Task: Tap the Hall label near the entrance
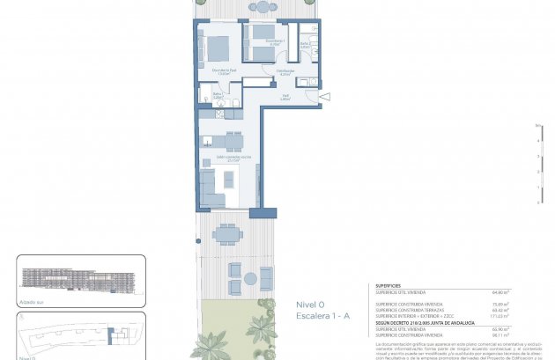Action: [x=285, y=98]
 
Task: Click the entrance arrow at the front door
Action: [x=324, y=96]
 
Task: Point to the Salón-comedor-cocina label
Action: [x=216, y=160]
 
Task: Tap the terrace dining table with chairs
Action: [x=228, y=234]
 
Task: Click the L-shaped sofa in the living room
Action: [x=211, y=187]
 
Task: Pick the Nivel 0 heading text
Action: [x=310, y=305]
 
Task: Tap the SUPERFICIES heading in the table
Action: [x=389, y=285]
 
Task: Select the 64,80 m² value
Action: [x=525, y=292]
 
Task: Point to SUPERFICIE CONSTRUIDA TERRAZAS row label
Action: [x=410, y=310]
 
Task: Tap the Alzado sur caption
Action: [x=31, y=301]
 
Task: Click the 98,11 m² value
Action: [x=525, y=334]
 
